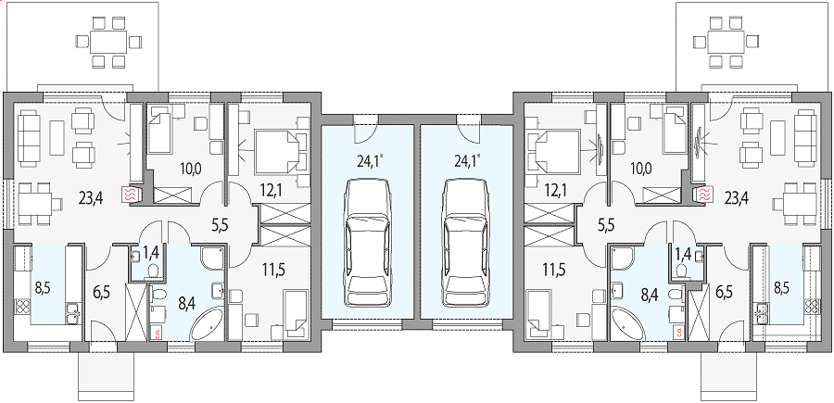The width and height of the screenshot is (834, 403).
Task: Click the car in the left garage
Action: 367,243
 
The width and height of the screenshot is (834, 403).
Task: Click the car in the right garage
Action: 466,243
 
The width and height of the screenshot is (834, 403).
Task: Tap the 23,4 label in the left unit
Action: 92,198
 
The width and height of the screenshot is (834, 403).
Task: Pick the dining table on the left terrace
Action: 108,42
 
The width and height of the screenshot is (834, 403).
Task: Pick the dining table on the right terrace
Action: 726,42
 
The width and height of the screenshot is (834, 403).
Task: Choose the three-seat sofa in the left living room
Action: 30,139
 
